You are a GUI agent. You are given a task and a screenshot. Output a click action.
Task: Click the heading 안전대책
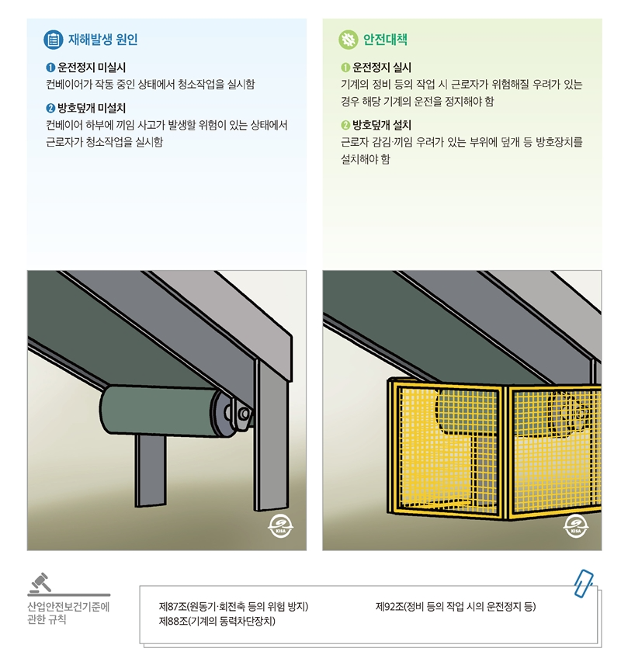click(x=385, y=39)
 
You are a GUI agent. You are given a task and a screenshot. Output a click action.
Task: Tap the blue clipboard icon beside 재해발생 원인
click(x=53, y=39)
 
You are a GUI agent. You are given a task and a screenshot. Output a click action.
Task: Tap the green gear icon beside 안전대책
click(x=348, y=39)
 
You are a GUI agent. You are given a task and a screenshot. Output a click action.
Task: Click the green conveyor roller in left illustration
click(x=155, y=411)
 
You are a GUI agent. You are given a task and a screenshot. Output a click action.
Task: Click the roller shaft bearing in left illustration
click(x=244, y=414)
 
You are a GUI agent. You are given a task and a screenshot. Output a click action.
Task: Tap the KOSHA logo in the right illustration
click(x=574, y=525)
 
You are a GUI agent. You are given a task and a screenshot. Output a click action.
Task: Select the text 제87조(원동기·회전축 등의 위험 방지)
click(x=234, y=606)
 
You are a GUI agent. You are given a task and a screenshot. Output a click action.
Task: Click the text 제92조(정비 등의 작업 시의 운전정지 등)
click(x=456, y=606)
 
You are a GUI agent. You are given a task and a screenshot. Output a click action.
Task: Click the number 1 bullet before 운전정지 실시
click(x=346, y=68)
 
